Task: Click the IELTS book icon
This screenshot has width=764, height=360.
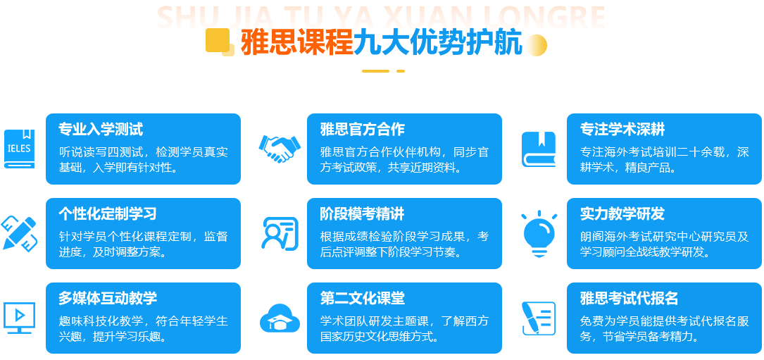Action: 20,149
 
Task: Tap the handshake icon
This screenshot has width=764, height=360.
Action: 280,148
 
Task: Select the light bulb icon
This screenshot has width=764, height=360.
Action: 539,233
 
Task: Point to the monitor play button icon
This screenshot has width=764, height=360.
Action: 20,318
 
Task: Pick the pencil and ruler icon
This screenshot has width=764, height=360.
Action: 20,233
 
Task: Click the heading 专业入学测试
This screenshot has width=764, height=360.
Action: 101,129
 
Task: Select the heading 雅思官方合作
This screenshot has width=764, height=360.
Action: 363,129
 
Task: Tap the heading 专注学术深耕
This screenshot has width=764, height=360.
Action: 622,129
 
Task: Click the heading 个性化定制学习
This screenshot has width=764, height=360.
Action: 108,213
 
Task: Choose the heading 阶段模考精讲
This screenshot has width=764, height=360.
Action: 363,213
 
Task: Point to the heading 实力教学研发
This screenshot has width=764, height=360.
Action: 622,213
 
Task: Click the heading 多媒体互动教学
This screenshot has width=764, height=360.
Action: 108,298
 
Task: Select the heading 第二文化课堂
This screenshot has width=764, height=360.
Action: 363,298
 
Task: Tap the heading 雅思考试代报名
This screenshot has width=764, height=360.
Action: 629,298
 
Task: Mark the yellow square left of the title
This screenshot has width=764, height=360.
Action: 218,40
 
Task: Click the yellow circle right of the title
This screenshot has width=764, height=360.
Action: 536,45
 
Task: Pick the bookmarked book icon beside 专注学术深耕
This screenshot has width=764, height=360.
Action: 539,149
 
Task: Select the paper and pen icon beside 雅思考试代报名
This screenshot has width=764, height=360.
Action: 539,318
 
